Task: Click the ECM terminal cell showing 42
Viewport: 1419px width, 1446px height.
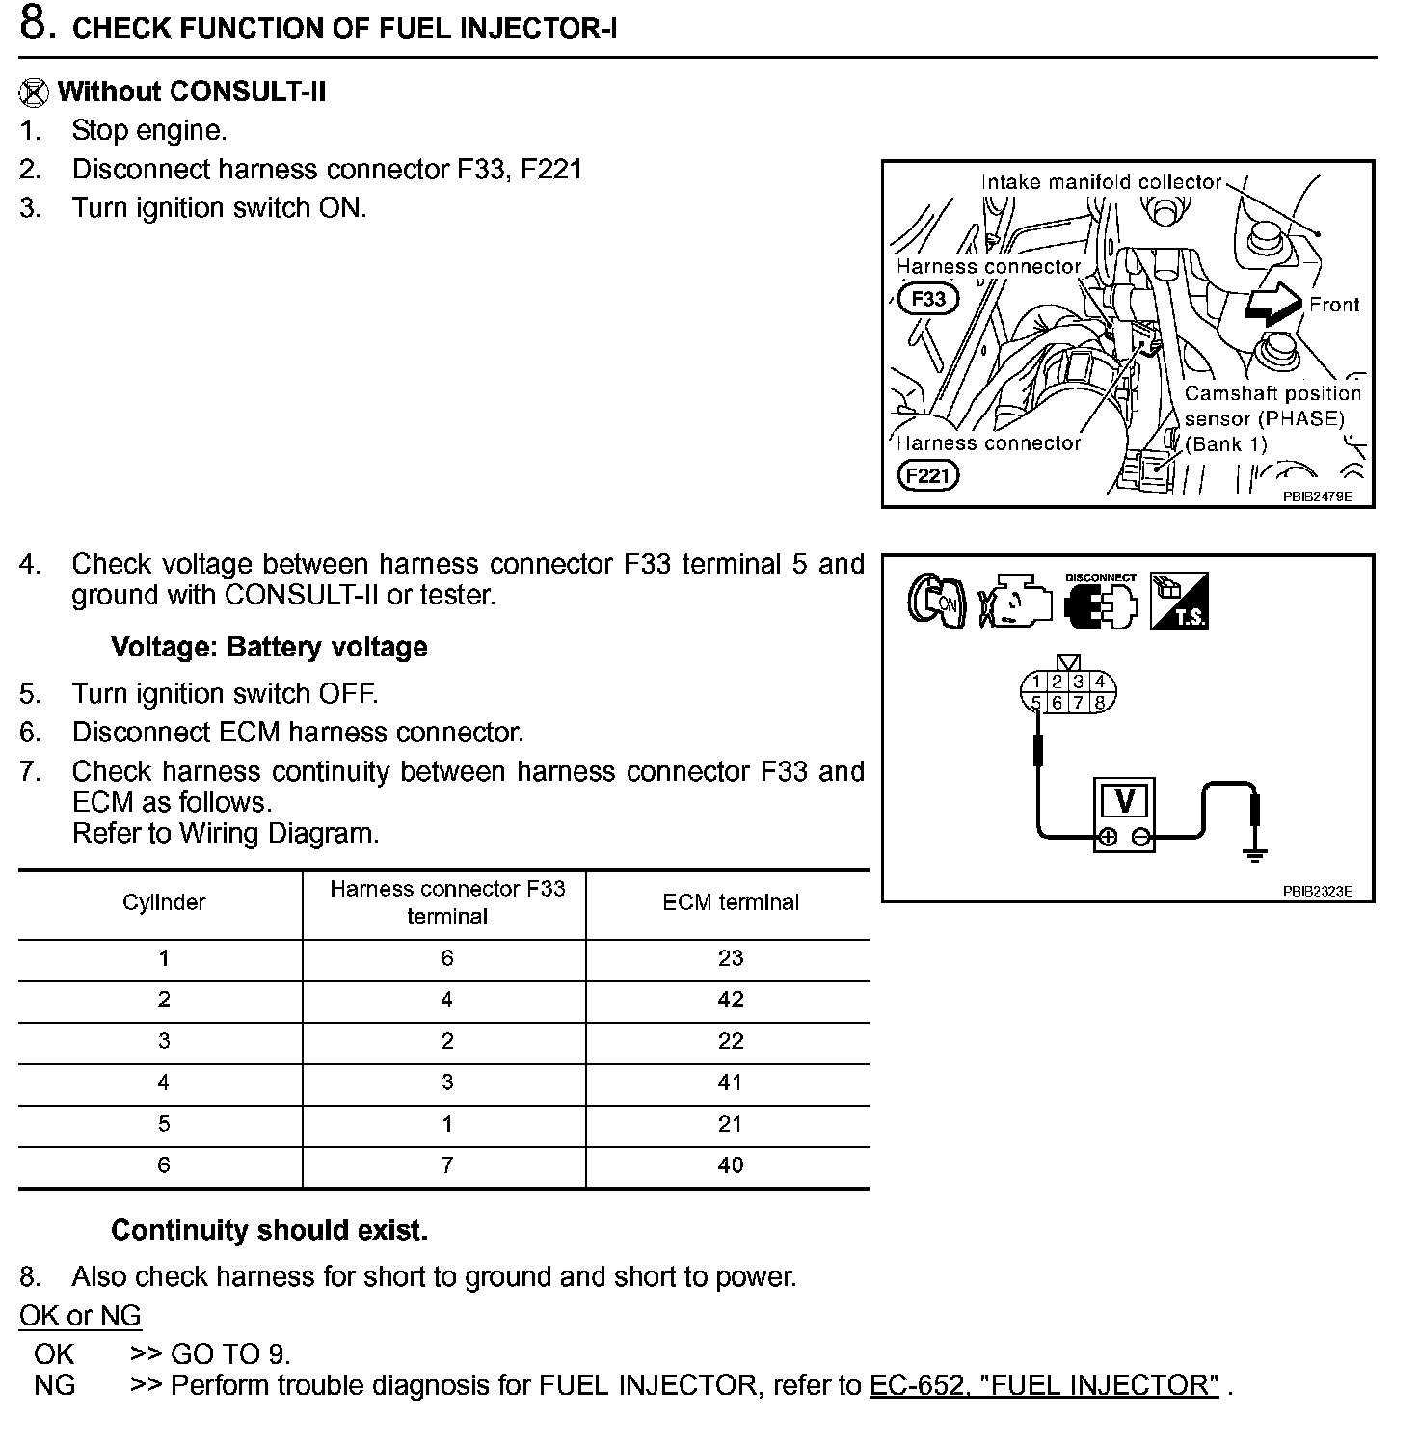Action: [730, 1000]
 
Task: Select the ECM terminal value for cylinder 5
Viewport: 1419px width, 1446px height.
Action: [730, 1124]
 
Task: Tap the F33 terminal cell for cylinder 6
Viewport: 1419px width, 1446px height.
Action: [446, 1165]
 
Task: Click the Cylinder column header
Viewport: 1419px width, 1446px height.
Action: [164, 902]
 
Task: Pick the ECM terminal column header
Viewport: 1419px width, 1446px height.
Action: [730, 902]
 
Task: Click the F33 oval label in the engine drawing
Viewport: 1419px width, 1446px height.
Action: [928, 299]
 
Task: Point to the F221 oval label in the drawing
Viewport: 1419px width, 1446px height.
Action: [927, 475]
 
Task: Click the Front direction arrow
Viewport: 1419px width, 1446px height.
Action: [1272, 304]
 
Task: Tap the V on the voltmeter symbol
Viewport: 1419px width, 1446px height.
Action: [1123, 801]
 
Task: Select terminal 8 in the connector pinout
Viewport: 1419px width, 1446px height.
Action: [1100, 703]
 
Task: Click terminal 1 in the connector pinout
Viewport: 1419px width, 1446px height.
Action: [1036, 682]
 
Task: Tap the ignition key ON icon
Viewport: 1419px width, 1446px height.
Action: [936, 602]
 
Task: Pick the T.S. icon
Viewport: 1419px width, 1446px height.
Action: [1179, 602]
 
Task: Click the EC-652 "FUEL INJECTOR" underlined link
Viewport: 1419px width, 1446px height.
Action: [1044, 1385]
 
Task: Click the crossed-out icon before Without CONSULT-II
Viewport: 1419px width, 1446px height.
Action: [34, 93]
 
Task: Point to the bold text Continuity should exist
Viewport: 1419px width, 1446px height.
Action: [269, 1230]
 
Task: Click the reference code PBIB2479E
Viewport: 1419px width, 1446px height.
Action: [1317, 496]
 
